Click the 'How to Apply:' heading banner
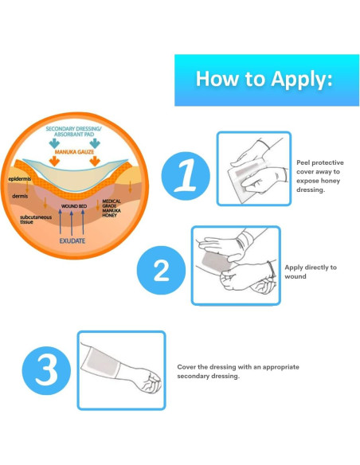pyautogui.click(x=267, y=80)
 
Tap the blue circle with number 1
pyautogui.click(x=186, y=176)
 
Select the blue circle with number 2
pyautogui.click(x=161, y=270)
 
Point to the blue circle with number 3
pyautogui.click(x=46, y=371)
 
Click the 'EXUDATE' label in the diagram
pyautogui.click(x=72, y=240)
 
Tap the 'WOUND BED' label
pyautogui.click(x=74, y=206)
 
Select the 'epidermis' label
pyautogui.click(x=20, y=179)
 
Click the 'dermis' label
pyautogui.click(x=20, y=196)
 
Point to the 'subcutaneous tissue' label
pyautogui.click(x=36, y=220)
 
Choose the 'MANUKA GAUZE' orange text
pyautogui.click(x=74, y=152)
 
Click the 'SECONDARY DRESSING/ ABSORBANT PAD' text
pyautogui.click(x=73, y=131)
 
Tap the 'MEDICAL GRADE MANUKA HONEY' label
pyautogui.click(x=112, y=208)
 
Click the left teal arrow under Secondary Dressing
pyautogui.click(x=54, y=143)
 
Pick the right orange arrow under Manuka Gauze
pyautogui.click(x=95, y=161)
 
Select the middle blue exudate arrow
pyautogui.click(x=72, y=222)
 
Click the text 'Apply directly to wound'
pyautogui.click(x=311, y=272)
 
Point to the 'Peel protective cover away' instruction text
pyautogui.click(x=320, y=176)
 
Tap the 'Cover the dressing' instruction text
pyautogui.click(x=238, y=371)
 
